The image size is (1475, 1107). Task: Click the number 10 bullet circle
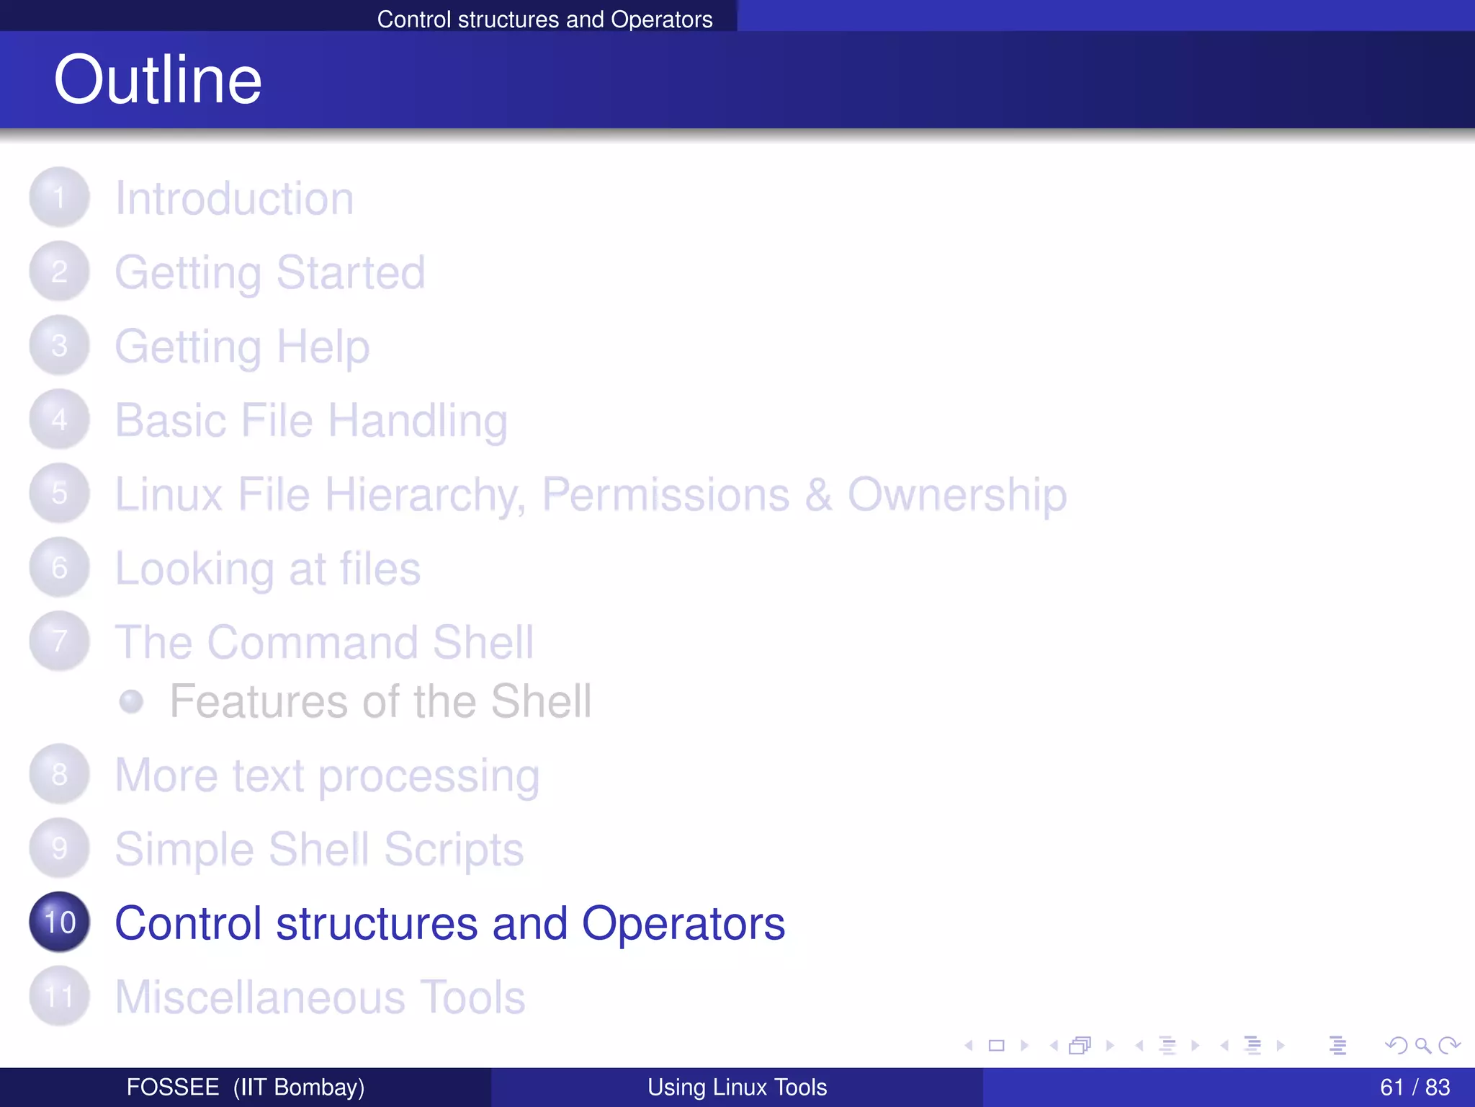[60, 922]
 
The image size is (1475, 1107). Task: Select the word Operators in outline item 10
[683, 923]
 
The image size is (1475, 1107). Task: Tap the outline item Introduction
[234, 198]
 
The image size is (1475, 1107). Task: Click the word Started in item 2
[351, 272]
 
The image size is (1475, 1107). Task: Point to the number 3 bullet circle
[60, 345]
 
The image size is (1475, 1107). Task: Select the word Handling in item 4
[418, 421]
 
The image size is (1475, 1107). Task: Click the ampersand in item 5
[818, 495]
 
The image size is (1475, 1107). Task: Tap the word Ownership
[956, 495]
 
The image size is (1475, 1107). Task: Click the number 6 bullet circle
[60, 567]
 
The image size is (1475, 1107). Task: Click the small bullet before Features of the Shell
[131, 701]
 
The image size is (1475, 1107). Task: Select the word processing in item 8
[429, 776]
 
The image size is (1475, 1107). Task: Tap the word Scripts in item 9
[453, 850]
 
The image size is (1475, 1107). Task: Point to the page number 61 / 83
[1415, 1087]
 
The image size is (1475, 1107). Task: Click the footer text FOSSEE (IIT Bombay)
[245, 1087]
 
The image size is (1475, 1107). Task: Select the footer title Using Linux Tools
[737, 1087]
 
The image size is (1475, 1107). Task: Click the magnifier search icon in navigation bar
[1422, 1045]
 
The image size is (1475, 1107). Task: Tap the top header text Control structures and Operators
[544, 19]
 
